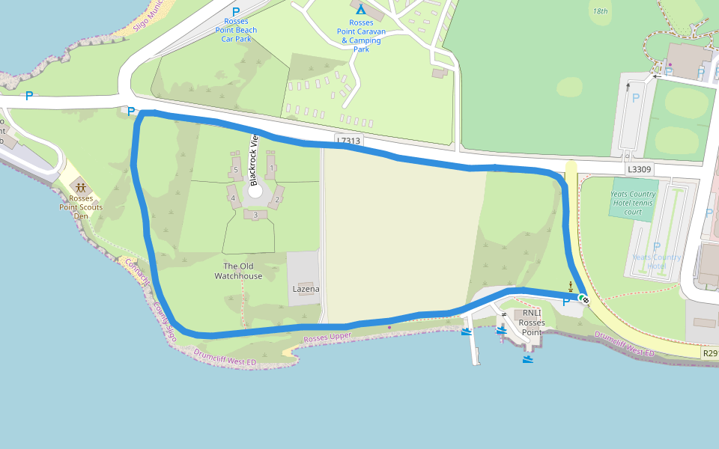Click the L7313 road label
coord(348,140)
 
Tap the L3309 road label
coord(640,170)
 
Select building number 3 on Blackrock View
coord(255,216)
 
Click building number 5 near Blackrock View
coord(235,170)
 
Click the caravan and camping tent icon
coord(360,10)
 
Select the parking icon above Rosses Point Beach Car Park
coord(236,12)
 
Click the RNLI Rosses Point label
coord(532,323)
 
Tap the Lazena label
coord(306,289)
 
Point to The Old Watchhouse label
coord(238,271)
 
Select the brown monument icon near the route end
coord(571,286)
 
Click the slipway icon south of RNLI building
coord(529,360)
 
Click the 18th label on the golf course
coord(600,11)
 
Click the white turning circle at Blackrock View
coord(255,190)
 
